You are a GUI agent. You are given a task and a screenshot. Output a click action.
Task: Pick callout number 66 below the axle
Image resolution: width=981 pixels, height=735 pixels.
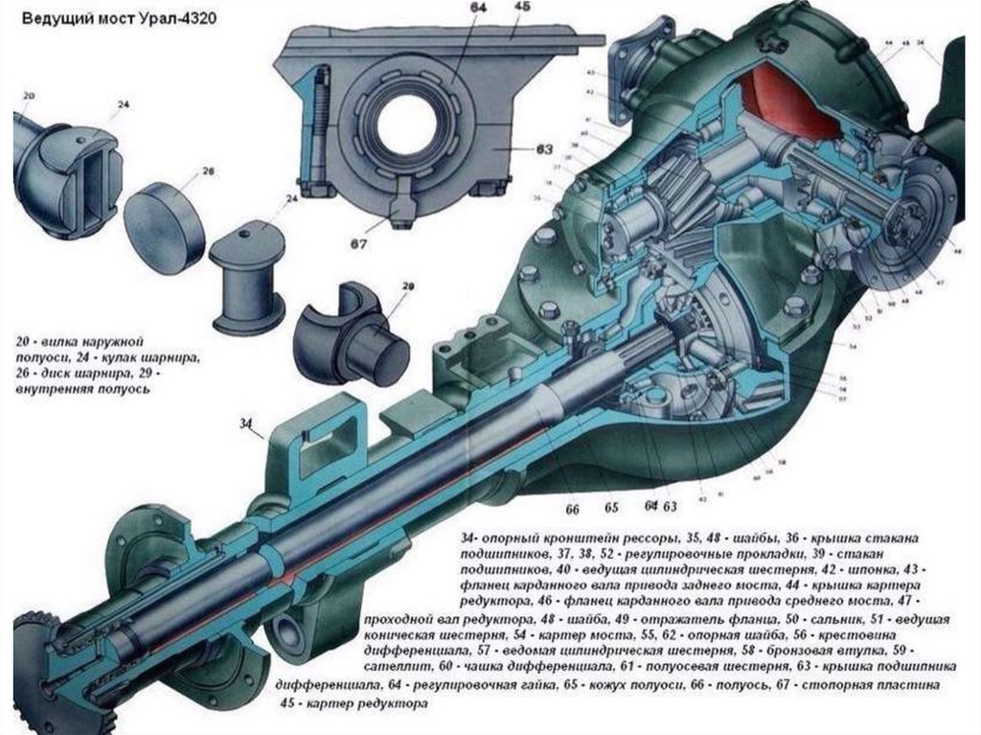tap(573, 508)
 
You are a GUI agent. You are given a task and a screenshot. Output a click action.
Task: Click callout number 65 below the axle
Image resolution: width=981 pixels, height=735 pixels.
tap(611, 508)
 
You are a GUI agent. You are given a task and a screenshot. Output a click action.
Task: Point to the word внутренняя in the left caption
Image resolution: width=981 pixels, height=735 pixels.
tap(56, 391)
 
